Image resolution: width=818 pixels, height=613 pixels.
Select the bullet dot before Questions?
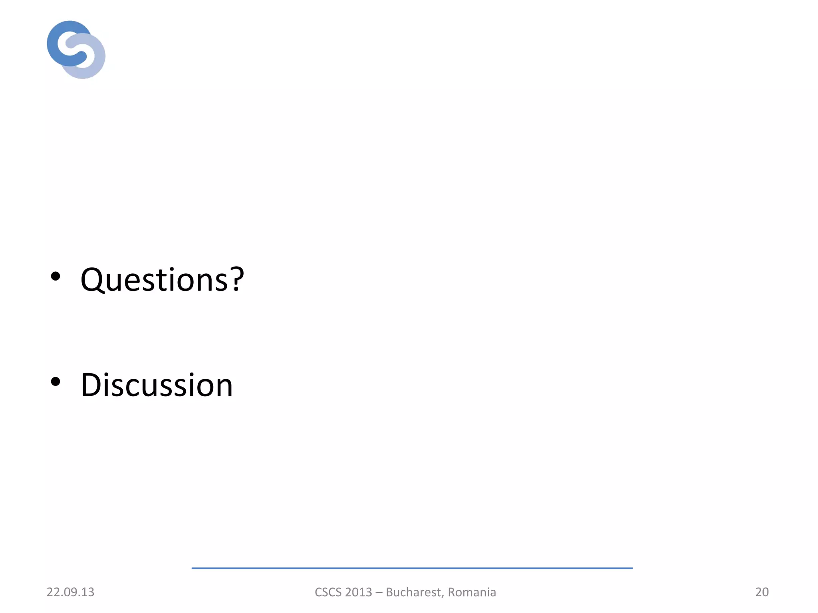(x=56, y=276)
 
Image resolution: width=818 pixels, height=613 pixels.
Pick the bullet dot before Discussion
(x=56, y=382)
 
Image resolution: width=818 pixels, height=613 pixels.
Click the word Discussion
(x=157, y=385)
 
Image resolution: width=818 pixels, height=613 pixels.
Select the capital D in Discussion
(x=92, y=385)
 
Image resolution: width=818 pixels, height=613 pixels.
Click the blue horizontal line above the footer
(x=412, y=568)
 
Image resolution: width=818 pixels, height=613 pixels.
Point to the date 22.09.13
(x=70, y=592)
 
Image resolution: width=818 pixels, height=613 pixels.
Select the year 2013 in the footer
(x=359, y=592)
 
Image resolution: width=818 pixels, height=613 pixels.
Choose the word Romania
(x=472, y=592)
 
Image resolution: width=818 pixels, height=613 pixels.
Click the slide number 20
(x=762, y=592)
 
